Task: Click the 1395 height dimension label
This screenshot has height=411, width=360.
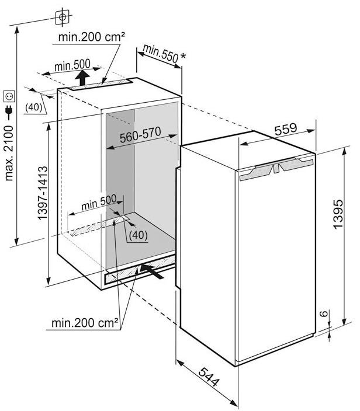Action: (338, 214)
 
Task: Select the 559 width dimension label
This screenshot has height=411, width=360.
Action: (286, 129)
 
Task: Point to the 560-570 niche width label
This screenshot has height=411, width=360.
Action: (140, 135)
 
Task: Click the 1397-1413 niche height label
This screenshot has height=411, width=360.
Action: (43, 193)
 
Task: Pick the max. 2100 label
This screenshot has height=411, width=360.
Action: (9, 153)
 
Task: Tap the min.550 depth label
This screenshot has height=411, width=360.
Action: (161, 54)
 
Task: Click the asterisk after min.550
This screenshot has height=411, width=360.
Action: (183, 57)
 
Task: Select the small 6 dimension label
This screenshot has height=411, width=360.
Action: (324, 314)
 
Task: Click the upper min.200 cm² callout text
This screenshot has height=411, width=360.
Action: (91, 37)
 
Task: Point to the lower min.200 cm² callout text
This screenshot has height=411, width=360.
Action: (85, 323)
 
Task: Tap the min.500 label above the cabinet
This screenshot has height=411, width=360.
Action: (72, 65)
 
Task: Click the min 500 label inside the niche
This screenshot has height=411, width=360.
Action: (99, 203)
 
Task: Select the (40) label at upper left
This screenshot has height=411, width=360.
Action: (33, 107)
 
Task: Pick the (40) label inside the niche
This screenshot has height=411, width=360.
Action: (138, 235)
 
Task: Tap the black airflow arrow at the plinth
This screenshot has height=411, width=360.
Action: (152, 271)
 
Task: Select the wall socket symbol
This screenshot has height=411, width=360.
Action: (9, 96)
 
